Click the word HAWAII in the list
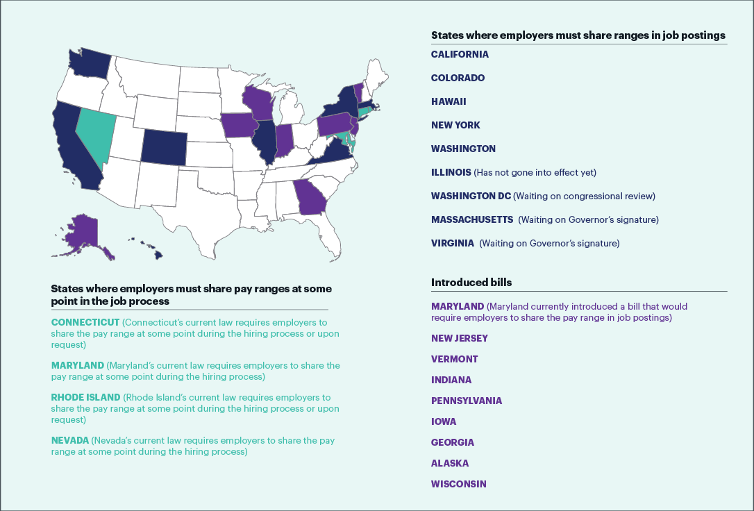(x=449, y=101)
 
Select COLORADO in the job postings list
(x=458, y=78)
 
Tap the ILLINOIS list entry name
(x=451, y=172)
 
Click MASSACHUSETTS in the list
(x=472, y=219)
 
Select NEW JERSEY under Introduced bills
(x=459, y=338)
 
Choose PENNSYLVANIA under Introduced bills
(x=467, y=401)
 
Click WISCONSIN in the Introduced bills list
(x=459, y=484)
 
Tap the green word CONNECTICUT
(x=85, y=323)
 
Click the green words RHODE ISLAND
(x=86, y=398)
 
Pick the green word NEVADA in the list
(x=69, y=441)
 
